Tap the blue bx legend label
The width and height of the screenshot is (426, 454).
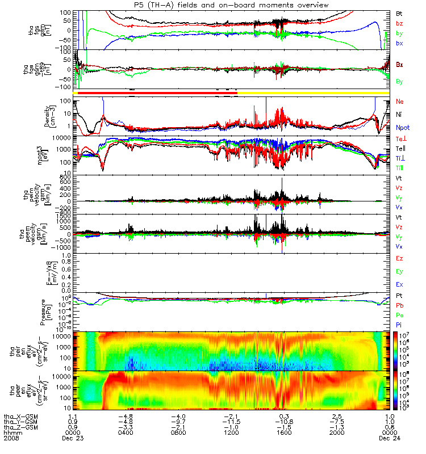pyautogui.click(x=399, y=43)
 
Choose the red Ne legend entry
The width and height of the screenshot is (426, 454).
pyautogui.click(x=400, y=102)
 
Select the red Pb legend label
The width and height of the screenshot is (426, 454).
pyautogui.click(x=400, y=305)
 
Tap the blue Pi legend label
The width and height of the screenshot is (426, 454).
pyautogui.click(x=399, y=325)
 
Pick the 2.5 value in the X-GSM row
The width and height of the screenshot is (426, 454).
pyautogui.click(x=337, y=415)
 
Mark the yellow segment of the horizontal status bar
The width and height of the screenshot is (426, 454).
pyautogui.click(x=312, y=93)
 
